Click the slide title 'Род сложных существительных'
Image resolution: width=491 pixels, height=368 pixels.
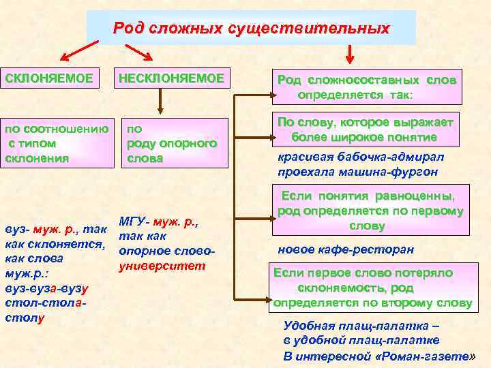[x=251, y=29]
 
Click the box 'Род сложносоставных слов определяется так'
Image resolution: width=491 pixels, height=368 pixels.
[x=366, y=87]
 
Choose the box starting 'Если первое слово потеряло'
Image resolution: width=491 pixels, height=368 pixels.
[x=372, y=287]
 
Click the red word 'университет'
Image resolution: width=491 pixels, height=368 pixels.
[x=162, y=265]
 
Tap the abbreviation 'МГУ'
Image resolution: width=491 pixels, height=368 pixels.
[x=133, y=221]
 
